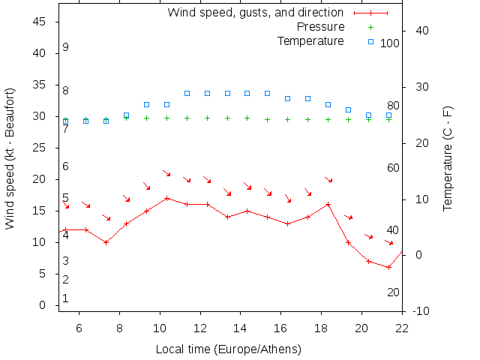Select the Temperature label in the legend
point(310,40)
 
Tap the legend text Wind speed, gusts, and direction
point(255,13)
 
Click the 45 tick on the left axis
point(42,22)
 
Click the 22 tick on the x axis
point(402,328)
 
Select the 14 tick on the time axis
point(241,328)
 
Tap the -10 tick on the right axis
point(420,311)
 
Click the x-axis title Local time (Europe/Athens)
point(228,349)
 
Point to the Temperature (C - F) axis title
point(448,157)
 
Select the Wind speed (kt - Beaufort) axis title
point(10,157)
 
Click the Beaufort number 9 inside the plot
point(66,47)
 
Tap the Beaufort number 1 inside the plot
point(66,298)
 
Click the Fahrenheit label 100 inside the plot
point(390,43)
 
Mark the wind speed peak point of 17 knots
point(166,198)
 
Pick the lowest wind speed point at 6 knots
point(389,267)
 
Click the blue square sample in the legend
point(370,40)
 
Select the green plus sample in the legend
point(370,27)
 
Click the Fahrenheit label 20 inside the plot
point(393,292)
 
